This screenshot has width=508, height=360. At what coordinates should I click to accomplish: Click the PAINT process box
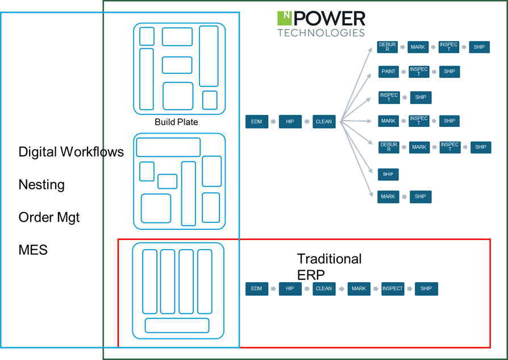point(389,72)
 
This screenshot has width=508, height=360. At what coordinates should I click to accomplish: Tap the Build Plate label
point(176,122)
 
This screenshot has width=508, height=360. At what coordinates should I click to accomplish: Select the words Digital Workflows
point(71,152)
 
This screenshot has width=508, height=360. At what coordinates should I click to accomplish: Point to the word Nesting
point(41,185)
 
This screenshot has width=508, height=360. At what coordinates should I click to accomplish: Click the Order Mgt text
point(49,217)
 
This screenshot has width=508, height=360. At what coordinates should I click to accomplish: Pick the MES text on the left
point(33,250)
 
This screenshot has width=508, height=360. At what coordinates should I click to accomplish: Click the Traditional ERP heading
point(329,266)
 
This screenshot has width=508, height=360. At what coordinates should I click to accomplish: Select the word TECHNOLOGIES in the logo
point(321,33)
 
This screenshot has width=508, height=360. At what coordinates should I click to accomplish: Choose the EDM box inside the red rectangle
point(256,288)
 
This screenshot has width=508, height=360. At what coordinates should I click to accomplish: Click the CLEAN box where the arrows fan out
point(323,121)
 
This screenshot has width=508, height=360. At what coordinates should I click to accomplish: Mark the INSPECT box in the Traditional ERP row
point(392,288)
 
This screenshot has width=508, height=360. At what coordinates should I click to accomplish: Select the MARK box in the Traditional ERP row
point(359,288)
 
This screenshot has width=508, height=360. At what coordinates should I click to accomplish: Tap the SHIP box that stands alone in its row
point(388,174)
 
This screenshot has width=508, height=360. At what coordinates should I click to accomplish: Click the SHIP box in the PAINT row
point(449,72)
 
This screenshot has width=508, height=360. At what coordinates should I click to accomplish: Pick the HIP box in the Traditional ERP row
point(290,288)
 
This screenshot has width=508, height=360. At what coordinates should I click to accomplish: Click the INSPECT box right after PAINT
point(419,72)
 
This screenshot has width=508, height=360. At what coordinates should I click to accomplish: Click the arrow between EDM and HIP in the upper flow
point(273,121)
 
